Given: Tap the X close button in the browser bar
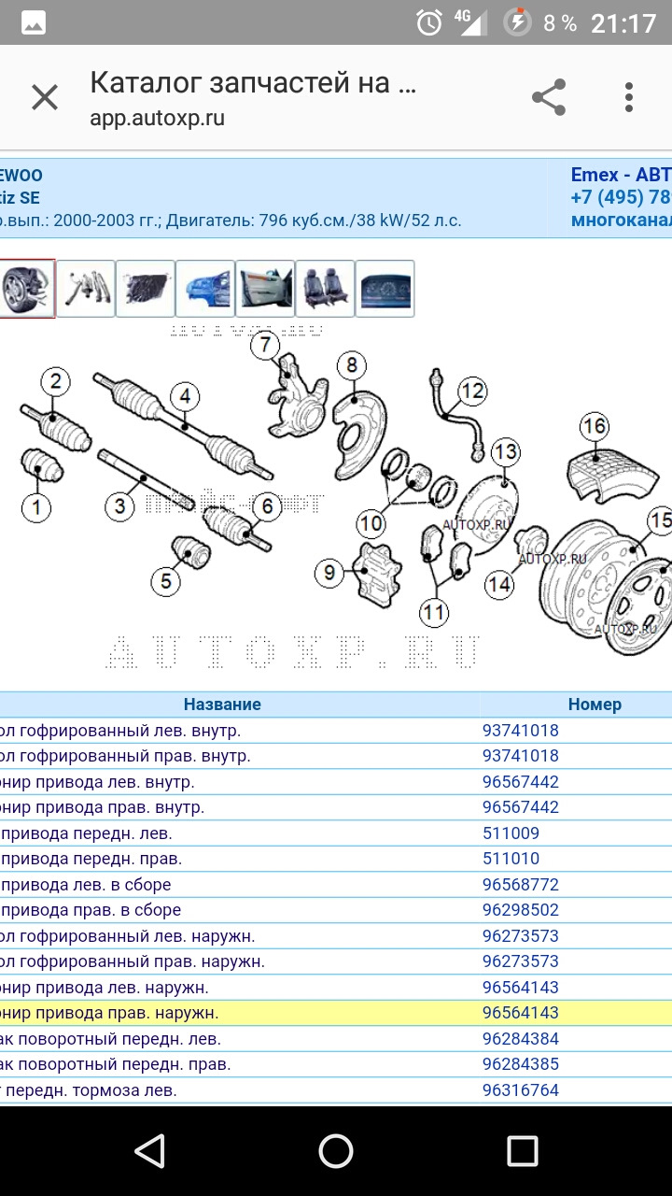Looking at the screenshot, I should [x=45, y=97].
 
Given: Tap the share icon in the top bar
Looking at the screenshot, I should [x=549, y=97].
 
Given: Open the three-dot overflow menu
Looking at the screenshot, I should [x=629, y=97].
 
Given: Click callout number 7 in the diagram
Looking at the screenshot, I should [x=265, y=345].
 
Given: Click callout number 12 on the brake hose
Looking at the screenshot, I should [x=473, y=390].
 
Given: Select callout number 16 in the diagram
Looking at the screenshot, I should [x=595, y=427].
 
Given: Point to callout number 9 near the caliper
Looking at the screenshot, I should [x=329, y=571].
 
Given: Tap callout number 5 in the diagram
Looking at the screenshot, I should [x=165, y=581].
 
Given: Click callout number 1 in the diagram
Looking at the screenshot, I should [x=36, y=507].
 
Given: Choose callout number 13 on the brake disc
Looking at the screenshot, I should [x=505, y=452].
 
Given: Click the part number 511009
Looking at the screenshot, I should [x=511, y=833].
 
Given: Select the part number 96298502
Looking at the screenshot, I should [x=520, y=910].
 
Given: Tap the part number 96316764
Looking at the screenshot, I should [x=520, y=1090].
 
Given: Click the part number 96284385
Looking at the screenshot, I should [x=520, y=1064].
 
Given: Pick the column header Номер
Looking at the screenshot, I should [x=594, y=705].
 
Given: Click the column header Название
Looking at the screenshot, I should [x=222, y=705].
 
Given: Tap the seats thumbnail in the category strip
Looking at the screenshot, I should [x=325, y=289].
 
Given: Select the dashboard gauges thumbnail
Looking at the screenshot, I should [x=385, y=289].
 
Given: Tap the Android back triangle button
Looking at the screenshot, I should [x=149, y=1150].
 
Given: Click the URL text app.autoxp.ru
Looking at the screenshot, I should [x=157, y=119].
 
